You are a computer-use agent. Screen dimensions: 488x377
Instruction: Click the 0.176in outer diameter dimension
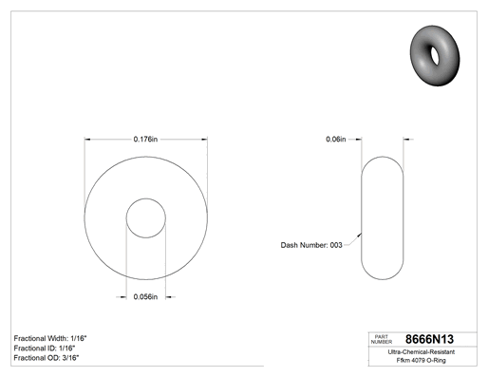[145, 139]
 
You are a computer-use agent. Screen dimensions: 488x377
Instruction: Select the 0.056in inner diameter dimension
[145, 296]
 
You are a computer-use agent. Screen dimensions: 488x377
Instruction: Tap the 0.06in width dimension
[336, 139]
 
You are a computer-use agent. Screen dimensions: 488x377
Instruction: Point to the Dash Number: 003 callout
[311, 245]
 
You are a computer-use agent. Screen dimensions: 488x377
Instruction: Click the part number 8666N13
[429, 339]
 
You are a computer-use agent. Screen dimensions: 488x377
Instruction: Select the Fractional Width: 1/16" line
[50, 338]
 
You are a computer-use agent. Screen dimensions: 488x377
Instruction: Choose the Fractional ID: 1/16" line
[45, 349]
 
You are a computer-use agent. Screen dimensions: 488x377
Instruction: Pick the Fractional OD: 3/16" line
[47, 358]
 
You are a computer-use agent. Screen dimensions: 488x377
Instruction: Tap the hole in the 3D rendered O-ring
[435, 55]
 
